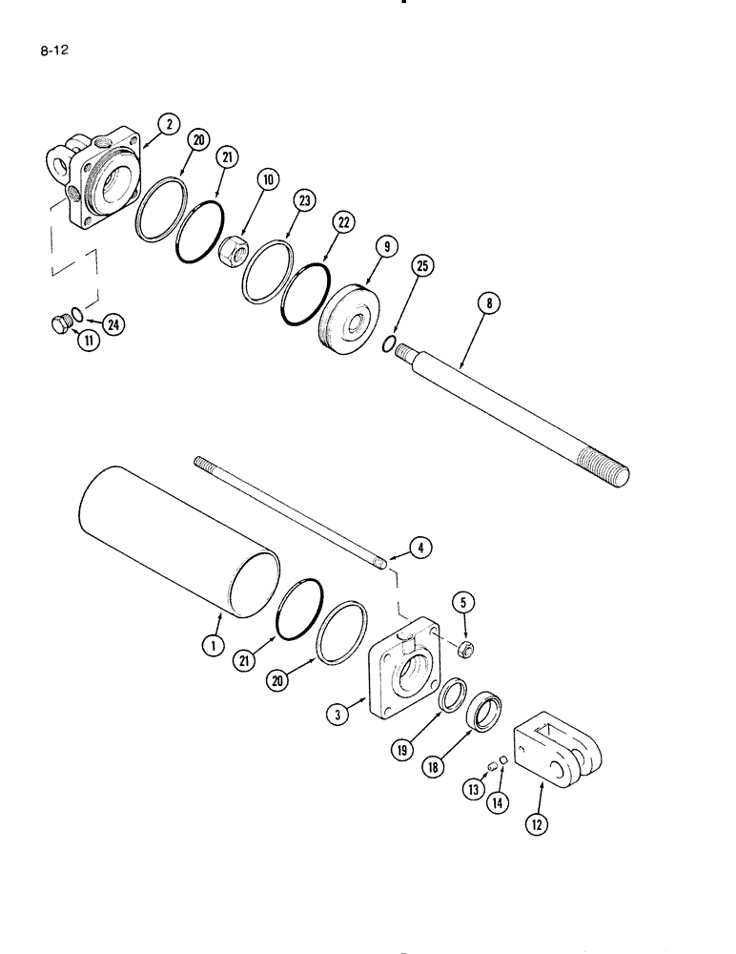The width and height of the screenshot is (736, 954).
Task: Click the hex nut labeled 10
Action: pos(234,253)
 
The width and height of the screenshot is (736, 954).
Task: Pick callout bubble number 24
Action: pos(112,325)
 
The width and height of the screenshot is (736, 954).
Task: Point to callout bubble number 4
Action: pos(420,548)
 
